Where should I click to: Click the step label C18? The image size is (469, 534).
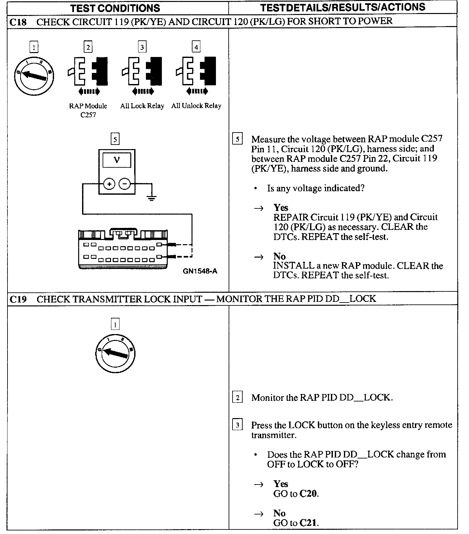[18, 22]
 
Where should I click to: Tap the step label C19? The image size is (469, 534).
[18, 299]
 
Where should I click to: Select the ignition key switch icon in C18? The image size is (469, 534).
[34, 76]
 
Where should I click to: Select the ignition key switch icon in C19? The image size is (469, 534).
[115, 353]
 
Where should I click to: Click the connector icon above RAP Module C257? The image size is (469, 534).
[88, 71]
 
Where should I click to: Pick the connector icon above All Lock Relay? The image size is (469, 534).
[142, 71]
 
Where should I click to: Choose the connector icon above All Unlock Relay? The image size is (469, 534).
[196, 71]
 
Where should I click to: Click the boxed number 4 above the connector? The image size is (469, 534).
[196, 47]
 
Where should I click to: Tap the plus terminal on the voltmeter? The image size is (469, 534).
[109, 184]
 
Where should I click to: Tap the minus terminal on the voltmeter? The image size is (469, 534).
[124, 184]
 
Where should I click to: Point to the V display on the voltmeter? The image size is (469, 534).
[117, 161]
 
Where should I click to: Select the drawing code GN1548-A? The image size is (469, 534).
[200, 271]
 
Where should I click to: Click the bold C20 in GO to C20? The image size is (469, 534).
[308, 494]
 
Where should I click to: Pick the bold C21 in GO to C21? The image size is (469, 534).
[308, 523]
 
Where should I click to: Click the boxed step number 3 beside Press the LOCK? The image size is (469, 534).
[237, 425]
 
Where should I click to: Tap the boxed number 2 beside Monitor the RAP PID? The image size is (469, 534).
[237, 398]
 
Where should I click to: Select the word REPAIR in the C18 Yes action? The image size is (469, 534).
[291, 217]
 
